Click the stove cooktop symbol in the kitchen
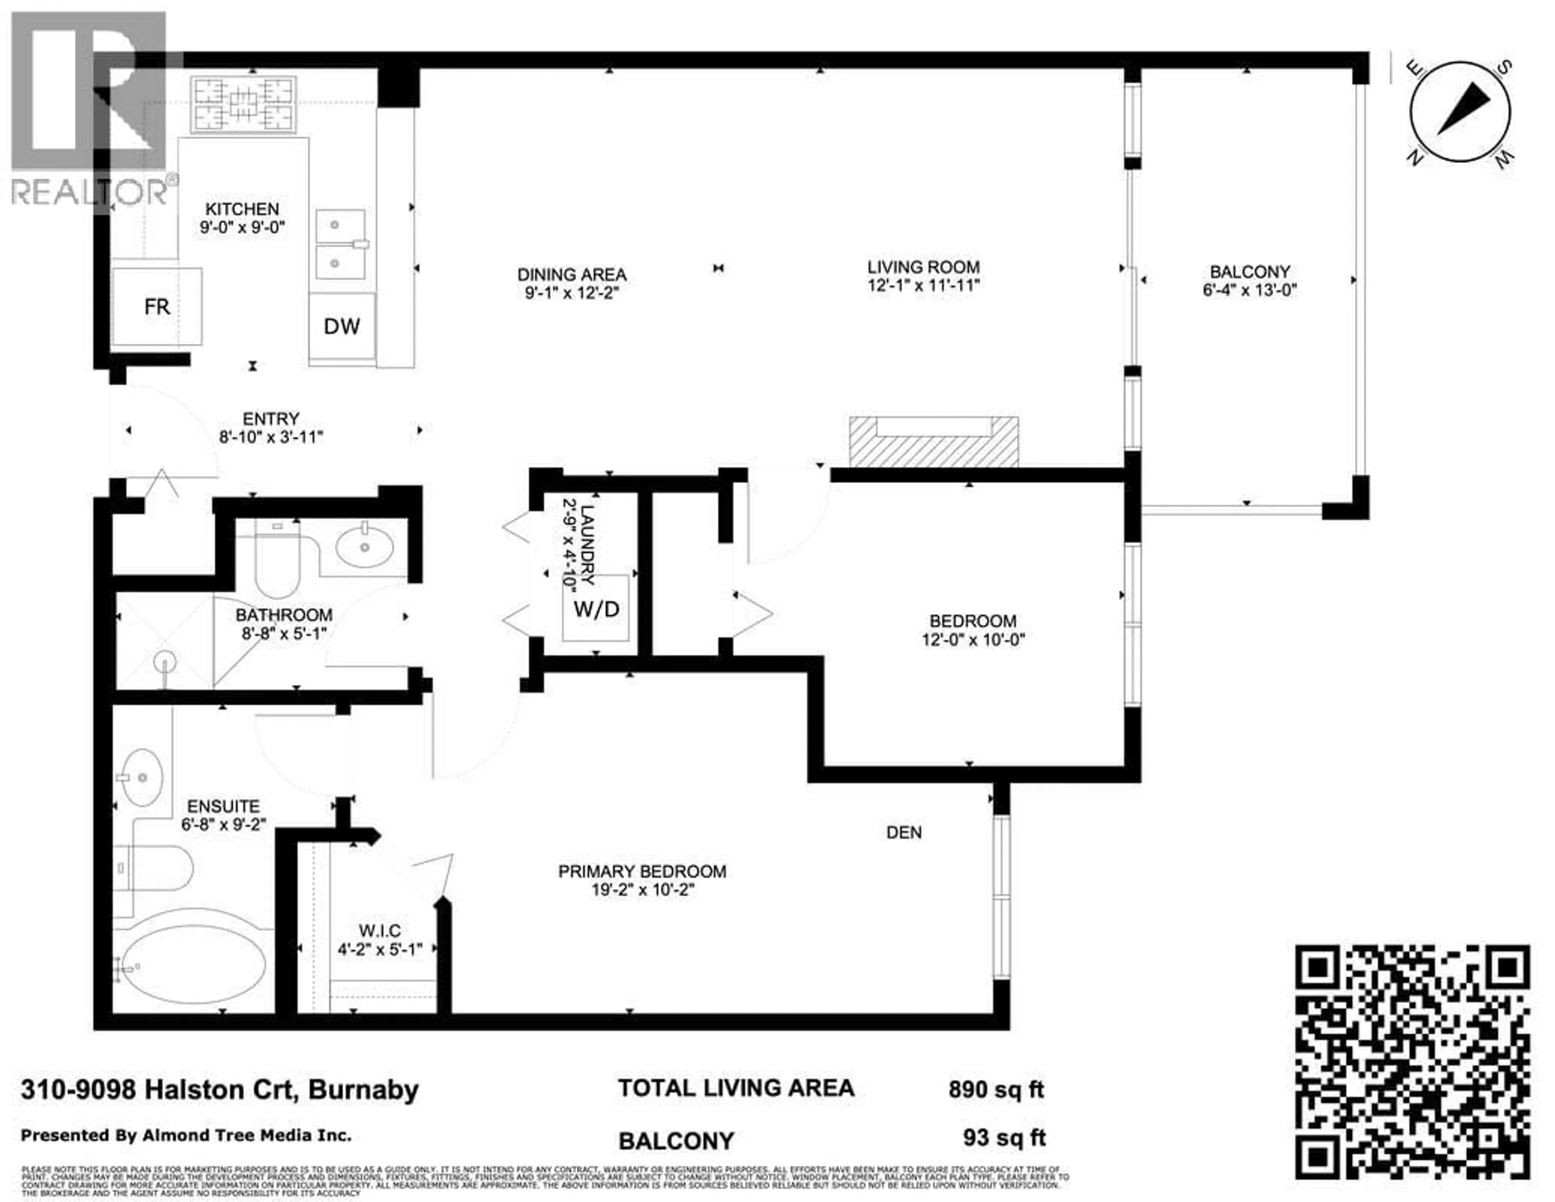(x=243, y=104)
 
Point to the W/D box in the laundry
(x=596, y=609)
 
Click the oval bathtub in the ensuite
(x=194, y=964)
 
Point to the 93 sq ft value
(x=1004, y=1138)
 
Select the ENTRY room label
(x=271, y=419)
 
